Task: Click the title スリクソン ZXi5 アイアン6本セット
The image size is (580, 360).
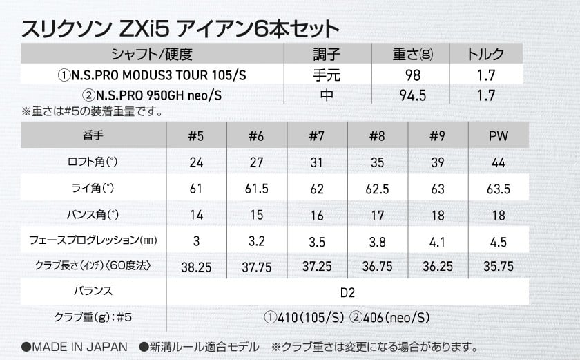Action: tap(180, 29)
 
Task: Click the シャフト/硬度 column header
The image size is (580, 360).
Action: tap(150, 55)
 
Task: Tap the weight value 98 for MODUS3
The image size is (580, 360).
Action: tap(413, 73)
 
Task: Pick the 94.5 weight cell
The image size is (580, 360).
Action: tap(413, 93)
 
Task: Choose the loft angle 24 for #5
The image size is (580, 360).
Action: tap(197, 162)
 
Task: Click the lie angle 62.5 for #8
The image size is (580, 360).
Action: tap(377, 189)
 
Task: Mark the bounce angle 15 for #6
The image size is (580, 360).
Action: tap(257, 215)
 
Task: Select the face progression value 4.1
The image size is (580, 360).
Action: tap(436, 241)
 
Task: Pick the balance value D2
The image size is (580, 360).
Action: tap(347, 292)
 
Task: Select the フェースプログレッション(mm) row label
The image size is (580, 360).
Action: tap(93, 241)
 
